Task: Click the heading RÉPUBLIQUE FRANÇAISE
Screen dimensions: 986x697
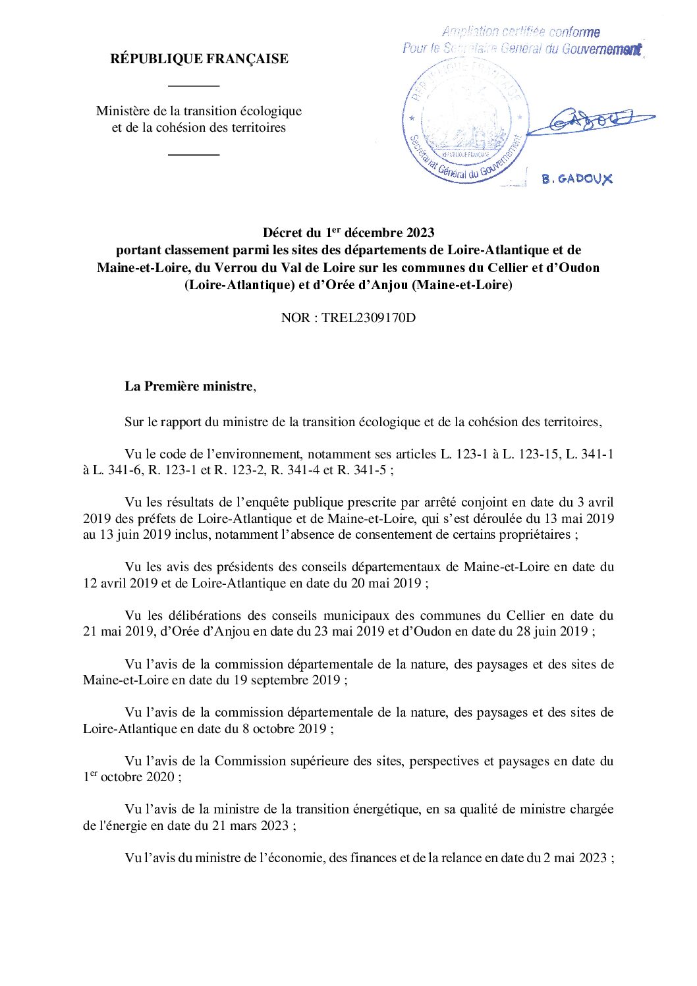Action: (x=199, y=59)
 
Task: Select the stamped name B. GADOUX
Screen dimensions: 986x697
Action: (x=577, y=178)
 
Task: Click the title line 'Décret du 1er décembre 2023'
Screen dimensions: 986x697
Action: (x=348, y=233)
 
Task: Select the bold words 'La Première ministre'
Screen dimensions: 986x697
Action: (x=188, y=387)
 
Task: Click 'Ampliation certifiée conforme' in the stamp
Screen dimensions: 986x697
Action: (x=520, y=32)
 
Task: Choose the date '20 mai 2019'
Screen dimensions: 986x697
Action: (x=384, y=583)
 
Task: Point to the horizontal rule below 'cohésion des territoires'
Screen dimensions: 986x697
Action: (x=194, y=155)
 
